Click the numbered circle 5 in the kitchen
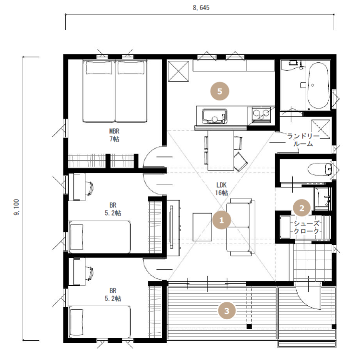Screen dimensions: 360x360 pyautogui.click(x=220, y=91)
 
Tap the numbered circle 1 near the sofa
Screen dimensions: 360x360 pyautogui.click(x=222, y=220)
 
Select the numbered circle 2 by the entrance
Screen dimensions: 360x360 pyautogui.click(x=302, y=208)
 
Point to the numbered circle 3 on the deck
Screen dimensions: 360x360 pyautogui.click(x=227, y=311)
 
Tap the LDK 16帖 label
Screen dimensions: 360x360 pyautogui.click(x=222, y=189)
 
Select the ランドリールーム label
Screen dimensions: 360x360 pyautogui.click(x=303, y=140)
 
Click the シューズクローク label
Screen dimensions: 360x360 pyautogui.click(x=306, y=227)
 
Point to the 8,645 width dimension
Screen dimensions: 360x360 pyautogui.click(x=201, y=8)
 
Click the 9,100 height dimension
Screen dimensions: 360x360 pyautogui.click(x=16, y=207)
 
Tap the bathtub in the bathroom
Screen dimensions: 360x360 pyautogui.click(x=318, y=85)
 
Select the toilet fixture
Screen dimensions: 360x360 pyautogui.click(x=320, y=169)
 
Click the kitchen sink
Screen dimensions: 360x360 pyautogui.click(x=215, y=116)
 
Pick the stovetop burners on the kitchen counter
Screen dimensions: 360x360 pyautogui.click(x=261, y=114)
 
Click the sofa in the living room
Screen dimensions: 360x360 pyautogui.click(x=241, y=227)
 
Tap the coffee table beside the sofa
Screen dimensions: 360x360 pyautogui.click(x=202, y=227)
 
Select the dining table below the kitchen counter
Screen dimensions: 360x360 pyautogui.click(x=221, y=150)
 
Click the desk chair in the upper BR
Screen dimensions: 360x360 pyautogui.click(x=90, y=187)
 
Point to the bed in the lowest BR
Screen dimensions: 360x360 pyautogui.click(x=100, y=322)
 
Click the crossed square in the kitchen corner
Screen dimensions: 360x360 pyautogui.click(x=179, y=71)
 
